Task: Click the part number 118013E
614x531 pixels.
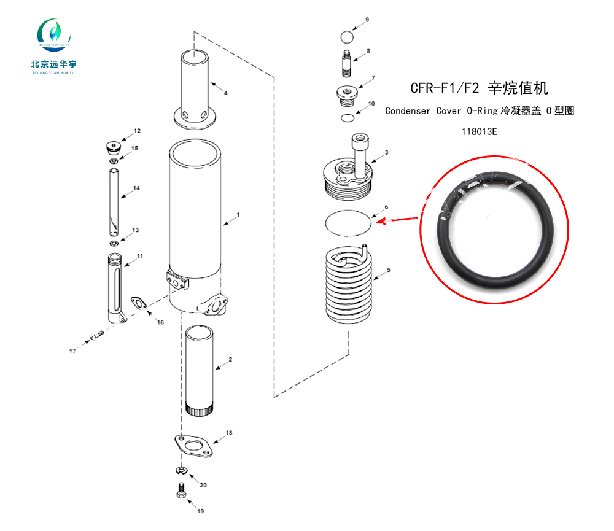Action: [x=479, y=131]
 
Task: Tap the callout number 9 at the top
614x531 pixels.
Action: [x=367, y=20]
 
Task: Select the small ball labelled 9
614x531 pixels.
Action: [x=347, y=37]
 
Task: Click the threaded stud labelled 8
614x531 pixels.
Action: [x=346, y=63]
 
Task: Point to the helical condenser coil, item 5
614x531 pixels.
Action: [x=349, y=284]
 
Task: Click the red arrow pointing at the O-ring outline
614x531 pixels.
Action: [x=397, y=220]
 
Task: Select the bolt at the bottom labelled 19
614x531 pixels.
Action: [x=181, y=490]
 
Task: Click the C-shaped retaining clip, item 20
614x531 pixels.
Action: [x=181, y=470]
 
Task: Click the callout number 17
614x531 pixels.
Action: [x=72, y=351]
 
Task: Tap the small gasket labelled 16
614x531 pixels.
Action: [x=138, y=303]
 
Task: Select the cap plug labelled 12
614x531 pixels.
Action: [x=113, y=147]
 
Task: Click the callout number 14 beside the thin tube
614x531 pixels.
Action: [x=136, y=188]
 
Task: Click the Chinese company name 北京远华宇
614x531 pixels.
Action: [x=53, y=64]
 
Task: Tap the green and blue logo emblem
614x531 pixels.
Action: [x=54, y=34]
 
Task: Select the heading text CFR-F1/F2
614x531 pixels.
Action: [x=445, y=88]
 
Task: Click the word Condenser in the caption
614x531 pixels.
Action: [x=407, y=111]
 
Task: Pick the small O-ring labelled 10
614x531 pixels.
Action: [x=348, y=117]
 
